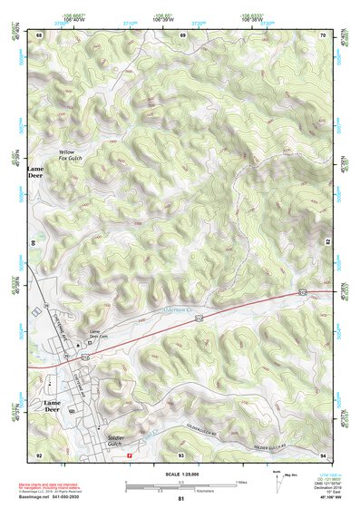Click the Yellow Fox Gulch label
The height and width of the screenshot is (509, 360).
pyautogui.click(x=72, y=155)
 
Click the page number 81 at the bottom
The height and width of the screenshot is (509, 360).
pyautogui.click(x=181, y=499)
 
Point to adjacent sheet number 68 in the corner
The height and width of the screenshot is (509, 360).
pyautogui.click(x=38, y=34)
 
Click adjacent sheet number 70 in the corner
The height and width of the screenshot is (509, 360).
pyautogui.click(x=324, y=34)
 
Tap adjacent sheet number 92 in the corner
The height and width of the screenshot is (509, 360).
pyautogui.click(x=38, y=455)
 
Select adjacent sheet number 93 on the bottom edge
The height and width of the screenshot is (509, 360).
pyautogui.click(x=181, y=455)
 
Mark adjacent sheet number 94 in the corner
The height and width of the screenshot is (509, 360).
pyautogui.click(x=324, y=455)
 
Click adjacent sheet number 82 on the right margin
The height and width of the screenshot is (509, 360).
pyautogui.click(x=328, y=243)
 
